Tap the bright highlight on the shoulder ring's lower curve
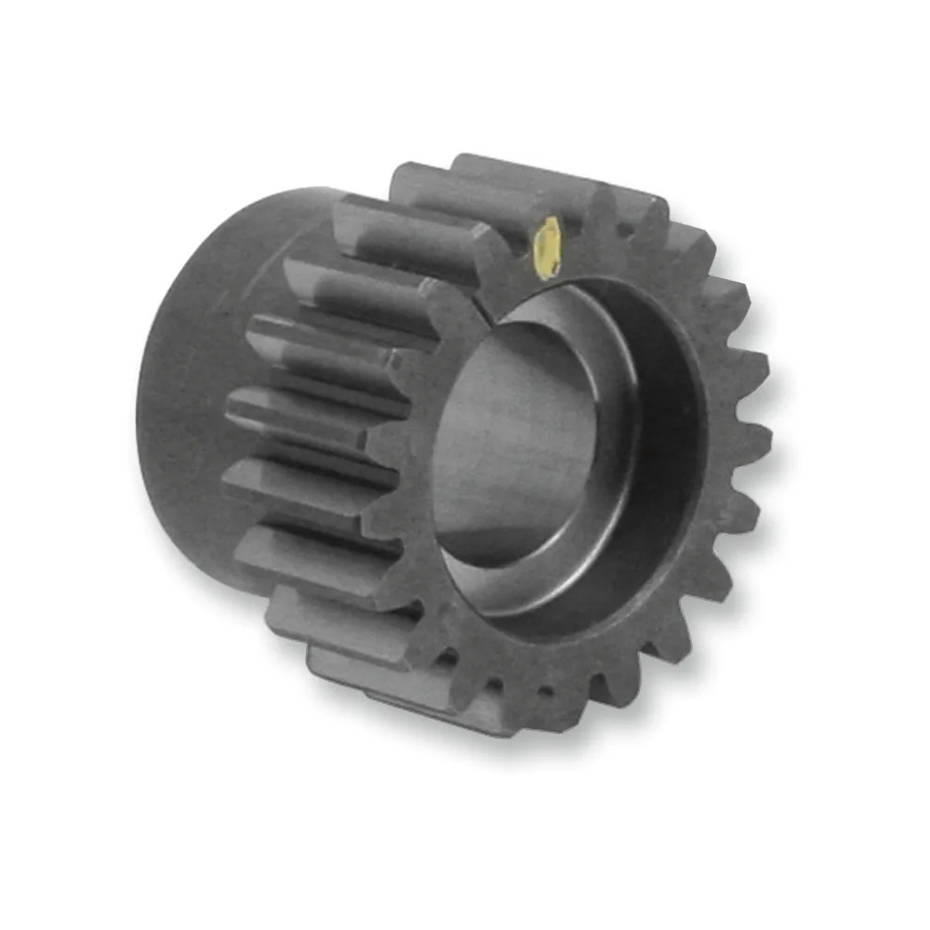(x=558, y=595)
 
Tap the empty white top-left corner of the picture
(x=28, y=28)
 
